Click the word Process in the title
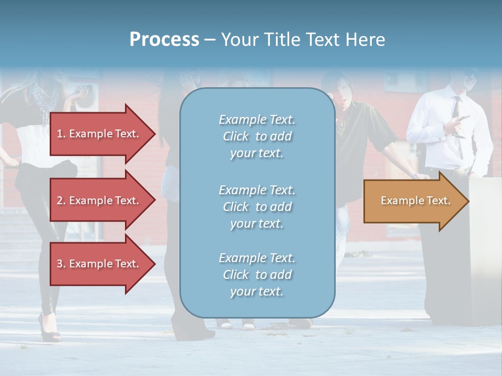[164, 40]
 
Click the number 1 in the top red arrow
[60, 134]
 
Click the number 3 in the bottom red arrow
[60, 264]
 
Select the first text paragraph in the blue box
[257, 136]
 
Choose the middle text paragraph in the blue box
[257, 207]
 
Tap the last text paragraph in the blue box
[257, 275]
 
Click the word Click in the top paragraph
[236, 136]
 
